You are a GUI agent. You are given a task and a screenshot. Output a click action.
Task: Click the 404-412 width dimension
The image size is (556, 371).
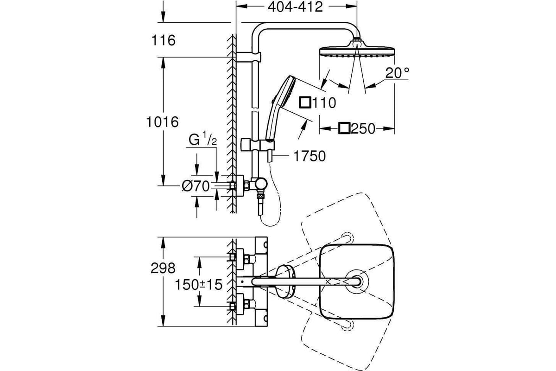pos(296,7)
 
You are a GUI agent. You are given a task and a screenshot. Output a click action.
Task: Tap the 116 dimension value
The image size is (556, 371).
pos(163,40)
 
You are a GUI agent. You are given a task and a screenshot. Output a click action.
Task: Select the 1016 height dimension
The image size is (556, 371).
pos(163,122)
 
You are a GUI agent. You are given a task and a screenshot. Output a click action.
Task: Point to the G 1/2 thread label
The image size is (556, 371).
pos(202,139)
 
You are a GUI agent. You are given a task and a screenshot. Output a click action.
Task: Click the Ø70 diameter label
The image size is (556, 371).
pos(196,186)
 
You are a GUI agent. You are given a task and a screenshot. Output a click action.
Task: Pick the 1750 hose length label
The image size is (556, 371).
pos(310,156)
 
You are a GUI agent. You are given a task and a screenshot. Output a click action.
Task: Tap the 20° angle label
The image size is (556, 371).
pos(397,73)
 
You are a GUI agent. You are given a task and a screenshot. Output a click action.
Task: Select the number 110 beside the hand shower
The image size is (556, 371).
pos(324,102)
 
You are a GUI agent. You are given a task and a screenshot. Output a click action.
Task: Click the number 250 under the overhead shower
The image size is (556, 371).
pos(363,129)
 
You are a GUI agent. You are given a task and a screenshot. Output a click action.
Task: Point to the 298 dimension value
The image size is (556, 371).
pos(163,269)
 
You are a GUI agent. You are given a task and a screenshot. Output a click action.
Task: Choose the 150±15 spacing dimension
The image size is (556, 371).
pos(199,285)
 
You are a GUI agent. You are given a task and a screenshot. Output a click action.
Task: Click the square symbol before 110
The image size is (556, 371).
pos(305,102)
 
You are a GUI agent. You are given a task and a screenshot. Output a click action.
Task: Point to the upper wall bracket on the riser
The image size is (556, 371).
pos(248,57)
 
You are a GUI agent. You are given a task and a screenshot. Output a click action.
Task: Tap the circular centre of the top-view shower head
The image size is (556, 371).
pos(357,281)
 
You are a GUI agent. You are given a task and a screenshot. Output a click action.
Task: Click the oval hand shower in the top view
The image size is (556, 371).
pos(285,281)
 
